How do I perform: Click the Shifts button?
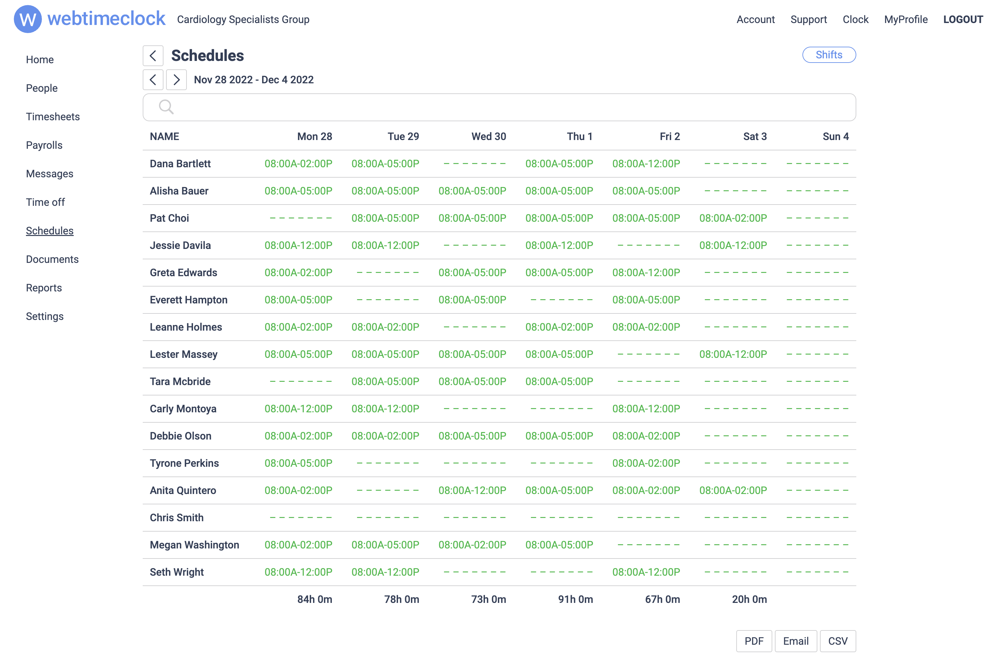tap(828, 55)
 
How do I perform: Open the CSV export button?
tap(837, 641)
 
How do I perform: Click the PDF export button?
tap(754, 641)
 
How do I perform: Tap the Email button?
tap(796, 641)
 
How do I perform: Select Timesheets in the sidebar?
tap(53, 117)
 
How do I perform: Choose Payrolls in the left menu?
tap(44, 145)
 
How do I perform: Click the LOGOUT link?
tap(963, 20)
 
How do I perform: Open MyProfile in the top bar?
tap(905, 20)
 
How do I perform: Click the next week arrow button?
tap(176, 80)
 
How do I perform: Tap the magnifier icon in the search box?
tap(166, 107)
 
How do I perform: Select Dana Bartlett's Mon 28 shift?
tap(298, 164)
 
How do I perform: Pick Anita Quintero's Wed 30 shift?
tap(472, 490)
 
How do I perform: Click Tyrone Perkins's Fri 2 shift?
tap(646, 463)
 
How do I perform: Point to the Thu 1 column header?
tap(579, 137)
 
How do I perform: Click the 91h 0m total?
tap(575, 599)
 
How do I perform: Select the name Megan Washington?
tap(194, 545)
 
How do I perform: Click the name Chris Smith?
tap(176, 518)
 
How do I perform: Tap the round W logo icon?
tap(28, 19)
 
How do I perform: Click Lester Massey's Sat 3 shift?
tap(733, 354)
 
